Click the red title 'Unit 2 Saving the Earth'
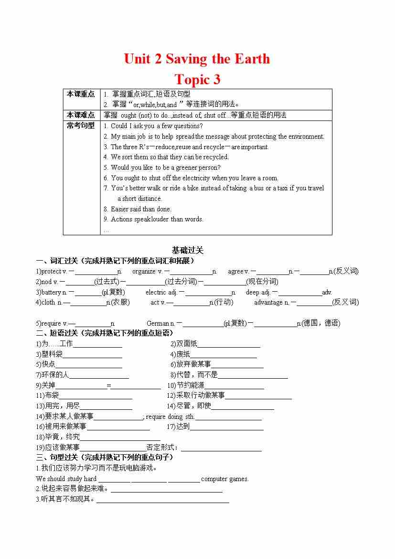[197, 59]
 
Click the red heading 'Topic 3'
[197, 79]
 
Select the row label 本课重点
[81, 94]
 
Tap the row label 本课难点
[81, 115]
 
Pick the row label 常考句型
[81, 126]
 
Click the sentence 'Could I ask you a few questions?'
[157, 126]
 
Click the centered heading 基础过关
[188, 250]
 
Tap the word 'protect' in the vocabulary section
[51, 271]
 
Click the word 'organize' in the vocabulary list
[144, 271]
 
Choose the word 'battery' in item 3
[51, 292]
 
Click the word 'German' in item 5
[158, 323]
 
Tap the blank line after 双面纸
[229, 344]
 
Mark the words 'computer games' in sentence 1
[225, 479]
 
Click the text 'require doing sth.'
[170, 417]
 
